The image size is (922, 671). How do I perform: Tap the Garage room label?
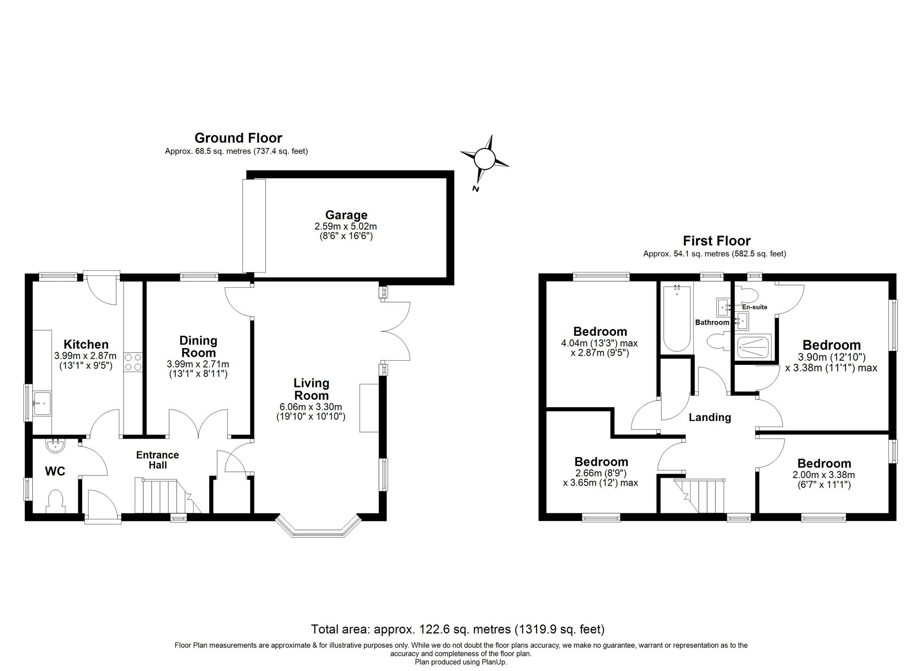(x=346, y=215)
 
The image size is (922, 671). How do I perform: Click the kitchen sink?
(x=42, y=403)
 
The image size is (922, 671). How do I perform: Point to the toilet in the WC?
(x=55, y=502)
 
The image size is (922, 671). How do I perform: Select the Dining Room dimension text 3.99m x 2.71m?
(x=198, y=364)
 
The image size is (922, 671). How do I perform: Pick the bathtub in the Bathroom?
(x=677, y=318)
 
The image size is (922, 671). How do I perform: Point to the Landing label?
(x=709, y=417)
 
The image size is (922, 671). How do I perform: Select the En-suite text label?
(x=754, y=307)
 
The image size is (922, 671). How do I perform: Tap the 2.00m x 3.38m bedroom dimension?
(x=824, y=475)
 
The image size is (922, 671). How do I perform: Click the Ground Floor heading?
(x=238, y=138)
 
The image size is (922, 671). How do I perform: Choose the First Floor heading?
(x=716, y=241)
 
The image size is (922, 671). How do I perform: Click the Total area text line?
(x=457, y=629)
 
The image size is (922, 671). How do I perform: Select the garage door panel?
(x=254, y=226)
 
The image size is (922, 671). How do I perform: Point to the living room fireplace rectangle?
(x=368, y=408)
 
